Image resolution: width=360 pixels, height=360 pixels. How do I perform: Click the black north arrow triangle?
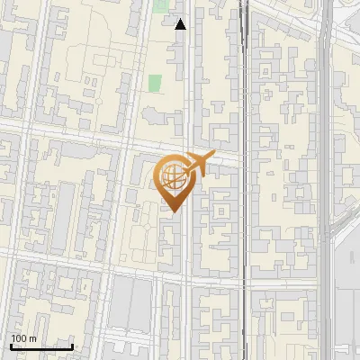click(181, 24)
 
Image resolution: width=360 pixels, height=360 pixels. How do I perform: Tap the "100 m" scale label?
click(23, 338)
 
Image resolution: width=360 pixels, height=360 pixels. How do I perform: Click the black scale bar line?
click(41, 346)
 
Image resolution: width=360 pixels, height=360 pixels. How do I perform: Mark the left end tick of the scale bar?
click(11, 344)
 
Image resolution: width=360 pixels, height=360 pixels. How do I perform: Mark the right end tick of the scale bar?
click(72, 344)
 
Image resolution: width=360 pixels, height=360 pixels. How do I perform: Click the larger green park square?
click(155, 84)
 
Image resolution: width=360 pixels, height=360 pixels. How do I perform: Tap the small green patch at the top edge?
click(161, 5)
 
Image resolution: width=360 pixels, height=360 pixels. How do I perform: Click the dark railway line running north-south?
click(243, 108)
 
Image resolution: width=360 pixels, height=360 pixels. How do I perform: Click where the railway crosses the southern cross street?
click(243, 282)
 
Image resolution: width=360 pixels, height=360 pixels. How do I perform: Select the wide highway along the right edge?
click(325, 135)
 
